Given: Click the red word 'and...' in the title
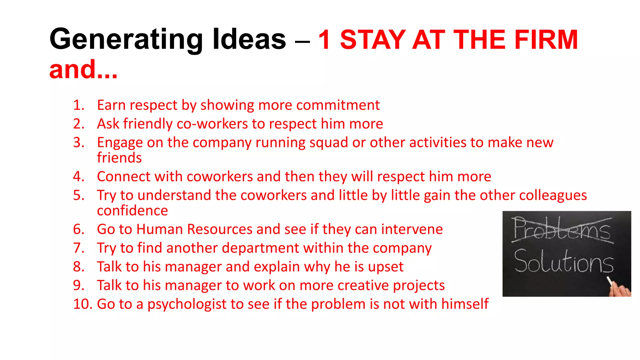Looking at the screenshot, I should (83, 69).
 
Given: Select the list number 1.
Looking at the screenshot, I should (78, 105).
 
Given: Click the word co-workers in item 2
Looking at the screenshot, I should (212, 124).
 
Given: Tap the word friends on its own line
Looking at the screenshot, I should (119, 158).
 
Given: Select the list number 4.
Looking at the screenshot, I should (78, 177).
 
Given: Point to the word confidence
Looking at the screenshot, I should (132, 211).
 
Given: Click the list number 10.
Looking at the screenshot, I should (82, 304).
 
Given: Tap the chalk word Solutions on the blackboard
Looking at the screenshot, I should (563, 262).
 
